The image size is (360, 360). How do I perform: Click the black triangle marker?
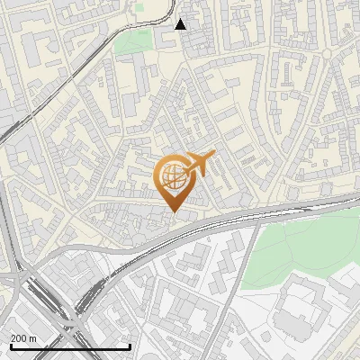181,23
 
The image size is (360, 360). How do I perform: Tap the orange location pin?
176,181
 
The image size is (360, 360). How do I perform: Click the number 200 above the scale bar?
18,337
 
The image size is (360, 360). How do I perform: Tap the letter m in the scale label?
33,337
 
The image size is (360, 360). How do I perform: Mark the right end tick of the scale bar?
130,346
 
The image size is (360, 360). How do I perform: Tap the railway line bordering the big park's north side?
288,213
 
